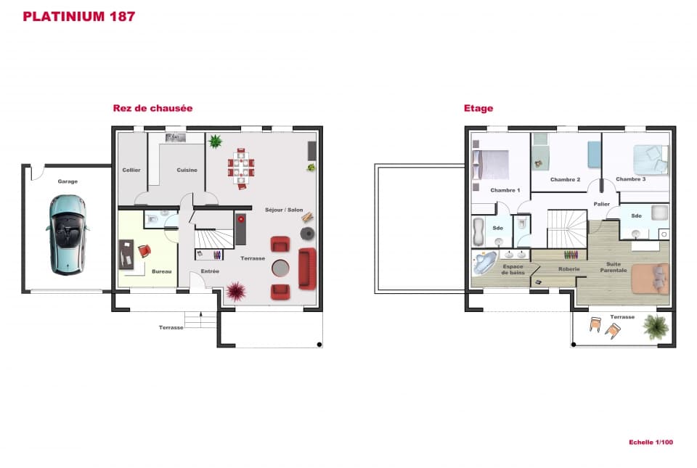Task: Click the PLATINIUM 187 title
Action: pyautogui.click(x=79, y=16)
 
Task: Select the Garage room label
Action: pyautogui.click(x=68, y=181)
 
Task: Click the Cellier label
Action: pyautogui.click(x=131, y=170)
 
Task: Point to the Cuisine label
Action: pyautogui.click(x=187, y=170)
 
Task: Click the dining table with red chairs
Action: pyautogui.click(x=242, y=167)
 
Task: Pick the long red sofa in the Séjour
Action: pyautogui.click(x=306, y=268)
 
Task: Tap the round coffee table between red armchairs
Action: pyautogui.click(x=280, y=268)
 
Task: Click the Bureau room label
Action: pyautogui.click(x=161, y=271)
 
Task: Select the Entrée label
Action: pyautogui.click(x=210, y=271)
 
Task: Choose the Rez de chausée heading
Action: pyautogui.click(x=152, y=108)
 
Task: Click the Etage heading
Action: pyautogui.click(x=478, y=108)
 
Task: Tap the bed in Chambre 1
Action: pyautogui.click(x=489, y=164)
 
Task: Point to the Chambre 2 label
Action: pyautogui.click(x=565, y=179)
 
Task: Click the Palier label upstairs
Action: pyautogui.click(x=601, y=204)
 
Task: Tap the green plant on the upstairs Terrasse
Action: pyautogui.click(x=656, y=327)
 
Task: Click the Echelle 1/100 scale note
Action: pyautogui.click(x=651, y=442)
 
